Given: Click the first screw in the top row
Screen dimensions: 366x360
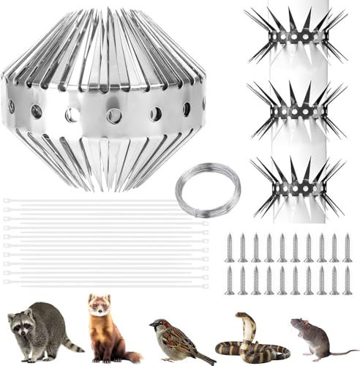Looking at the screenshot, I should (x=230, y=248).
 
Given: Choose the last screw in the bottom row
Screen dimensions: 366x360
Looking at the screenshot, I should (x=347, y=281).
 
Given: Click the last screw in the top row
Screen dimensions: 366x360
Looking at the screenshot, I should (x=347, y=248).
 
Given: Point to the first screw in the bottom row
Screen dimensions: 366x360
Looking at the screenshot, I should (x=230, y=281).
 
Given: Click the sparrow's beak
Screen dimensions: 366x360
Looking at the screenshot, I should (x=152, y=325).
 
